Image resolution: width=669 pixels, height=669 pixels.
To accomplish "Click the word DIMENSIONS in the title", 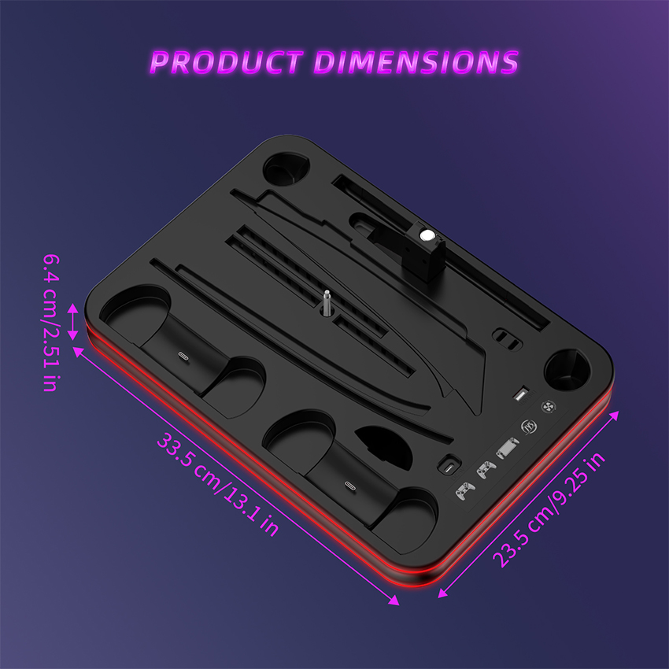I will coord(414,61).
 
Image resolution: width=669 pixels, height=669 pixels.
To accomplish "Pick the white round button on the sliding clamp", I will coord(426,234).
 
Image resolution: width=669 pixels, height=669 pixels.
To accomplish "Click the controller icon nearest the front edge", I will coord(465,490).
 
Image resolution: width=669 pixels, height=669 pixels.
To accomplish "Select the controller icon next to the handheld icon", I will coord(485,470).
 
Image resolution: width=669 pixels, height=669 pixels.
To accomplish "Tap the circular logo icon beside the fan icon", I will coord(529,428).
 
